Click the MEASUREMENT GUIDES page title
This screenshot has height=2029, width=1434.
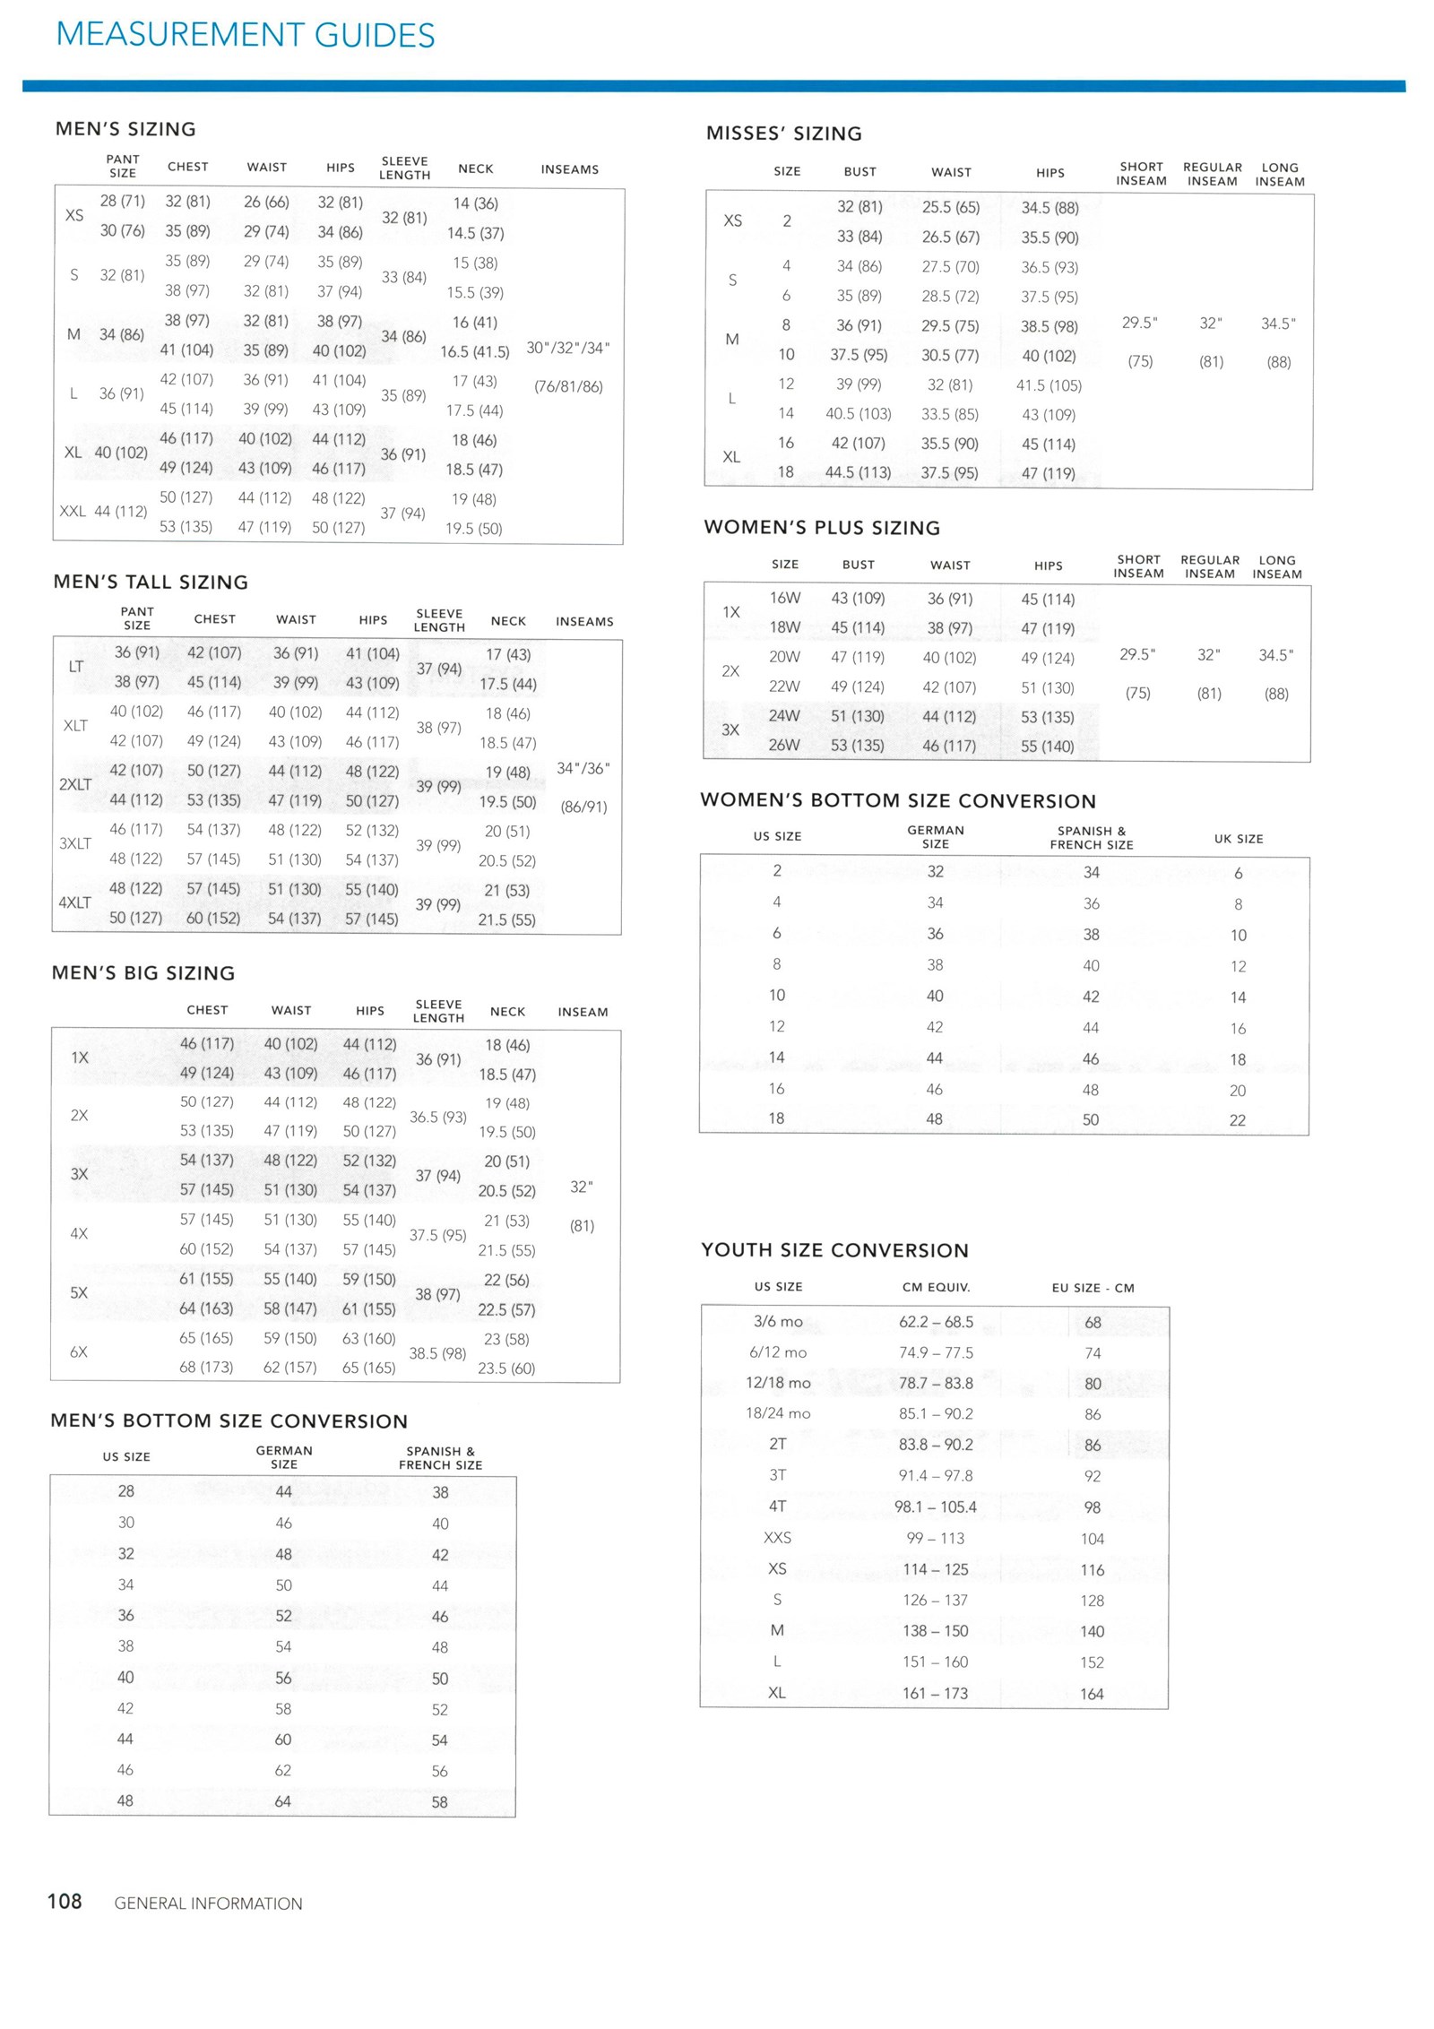[245, 35]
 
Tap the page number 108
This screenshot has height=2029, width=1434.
[65, 1902]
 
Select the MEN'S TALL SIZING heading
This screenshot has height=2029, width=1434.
[151, 582]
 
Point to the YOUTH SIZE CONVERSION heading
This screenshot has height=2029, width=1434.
[834, 1250]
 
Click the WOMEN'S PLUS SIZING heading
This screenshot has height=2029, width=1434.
[822, 527]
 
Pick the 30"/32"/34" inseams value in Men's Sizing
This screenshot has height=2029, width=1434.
[568, 348]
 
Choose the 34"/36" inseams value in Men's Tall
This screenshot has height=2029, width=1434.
[583, 768]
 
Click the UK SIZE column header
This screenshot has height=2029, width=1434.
[1239, 839]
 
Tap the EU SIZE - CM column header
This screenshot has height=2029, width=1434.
[1093, 1288]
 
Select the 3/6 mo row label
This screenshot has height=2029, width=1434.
[778, 1321]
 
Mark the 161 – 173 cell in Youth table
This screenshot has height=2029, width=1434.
[935, 1693]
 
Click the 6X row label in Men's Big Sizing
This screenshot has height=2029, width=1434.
[79, 1351]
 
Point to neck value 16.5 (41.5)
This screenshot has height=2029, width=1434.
[474, 351]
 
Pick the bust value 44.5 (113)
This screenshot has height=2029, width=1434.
[858, 472]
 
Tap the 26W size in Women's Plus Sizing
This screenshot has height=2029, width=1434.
[784, 745]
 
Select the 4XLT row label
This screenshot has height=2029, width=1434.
[75, 902]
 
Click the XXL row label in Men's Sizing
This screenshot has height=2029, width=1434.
[73, 512]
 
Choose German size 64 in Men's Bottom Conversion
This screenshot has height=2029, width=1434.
[283, 1801]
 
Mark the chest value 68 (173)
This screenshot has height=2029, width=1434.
[206, 1367]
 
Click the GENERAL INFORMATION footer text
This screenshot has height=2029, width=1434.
[208, 1904]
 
